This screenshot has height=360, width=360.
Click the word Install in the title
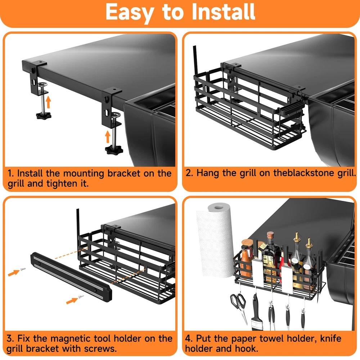click(x=223, y=12)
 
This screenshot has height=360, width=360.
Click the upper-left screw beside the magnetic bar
click(x=23, y=269)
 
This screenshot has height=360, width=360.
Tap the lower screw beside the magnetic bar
click(x=81, y=296)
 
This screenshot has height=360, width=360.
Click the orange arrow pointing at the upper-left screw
click(x=14, y=273)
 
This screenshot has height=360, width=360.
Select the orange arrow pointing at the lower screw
click(x=72, y=301)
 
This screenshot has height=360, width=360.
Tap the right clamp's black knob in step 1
click(x=114, y=150)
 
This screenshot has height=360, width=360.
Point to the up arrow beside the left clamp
click(x=48, y=102)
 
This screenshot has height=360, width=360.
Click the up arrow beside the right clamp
click(x=108, y=136)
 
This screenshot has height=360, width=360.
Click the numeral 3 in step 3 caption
click(x=10, y=339)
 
